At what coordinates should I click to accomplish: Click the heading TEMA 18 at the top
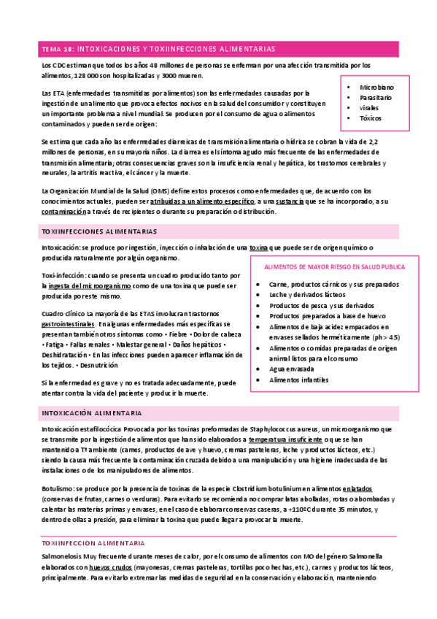pos(58,49)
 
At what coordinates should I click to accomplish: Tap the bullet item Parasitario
pos(376,97)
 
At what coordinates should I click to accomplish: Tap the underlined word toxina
pos(258,248)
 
